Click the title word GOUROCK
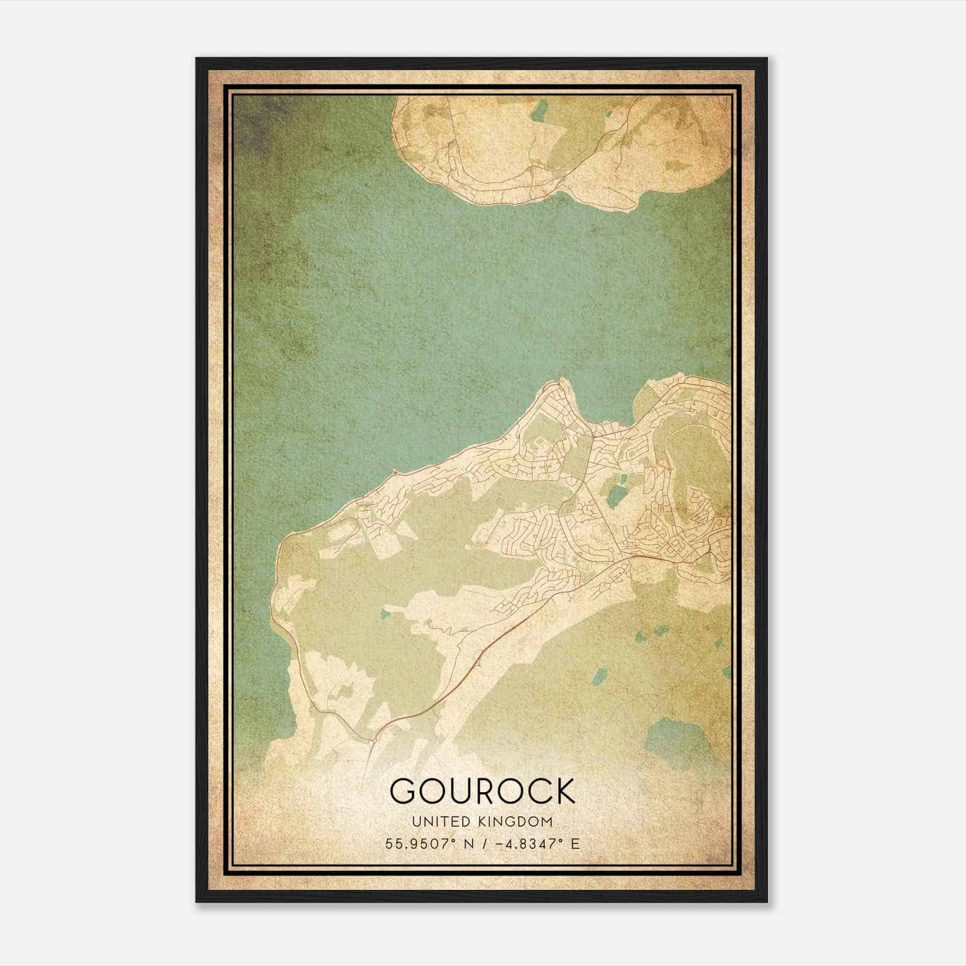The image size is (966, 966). (x=482, y=791)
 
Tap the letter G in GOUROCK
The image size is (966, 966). (x=403, y=791)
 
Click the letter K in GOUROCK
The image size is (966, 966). (x=563, y=791)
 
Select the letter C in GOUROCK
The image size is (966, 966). (x=532, y=791)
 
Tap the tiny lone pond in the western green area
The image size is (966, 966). (x=385, y=615)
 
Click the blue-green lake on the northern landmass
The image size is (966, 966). (x=539, y=112)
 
